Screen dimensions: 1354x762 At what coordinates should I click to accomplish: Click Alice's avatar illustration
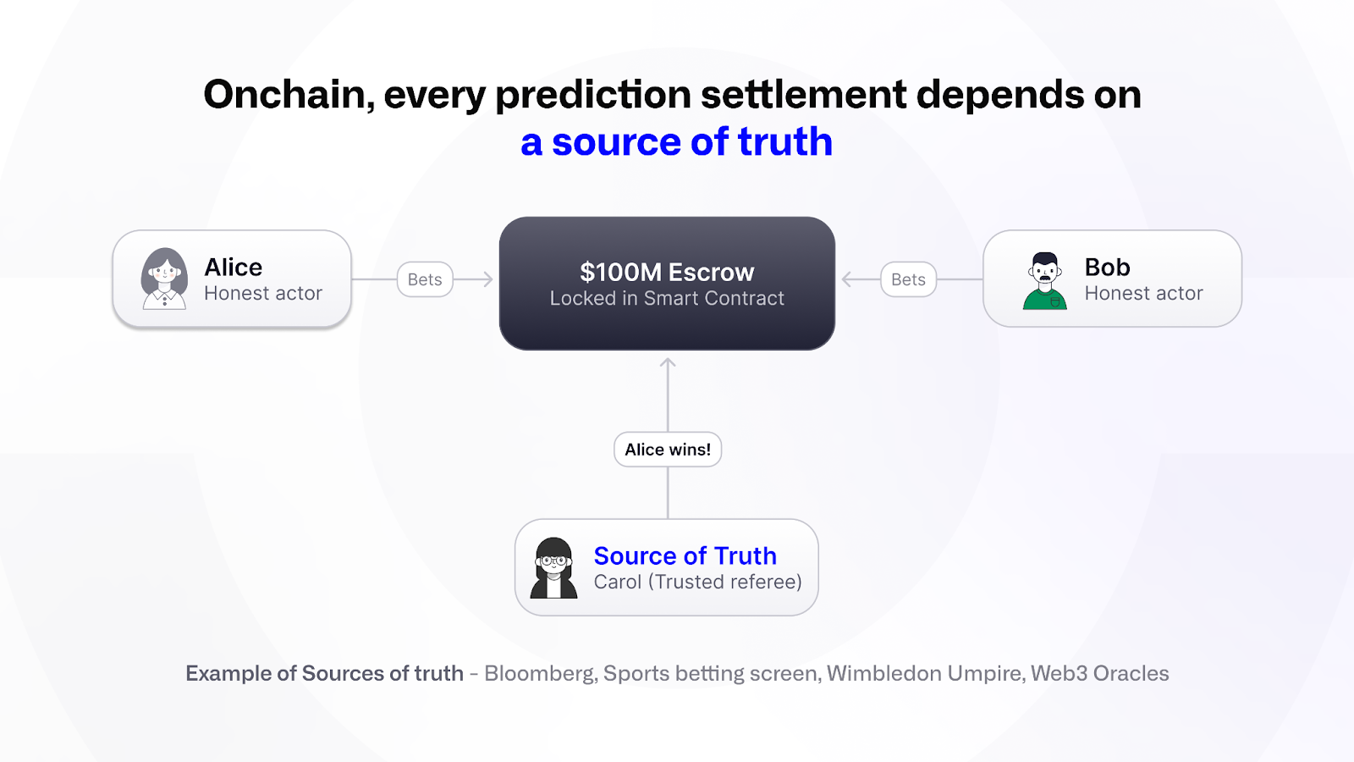(164, 279)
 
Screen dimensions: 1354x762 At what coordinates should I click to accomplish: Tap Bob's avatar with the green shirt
(1044, 280)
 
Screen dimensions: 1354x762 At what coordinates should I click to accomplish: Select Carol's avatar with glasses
(553, 568)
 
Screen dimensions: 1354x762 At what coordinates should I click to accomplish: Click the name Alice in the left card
(234, 268)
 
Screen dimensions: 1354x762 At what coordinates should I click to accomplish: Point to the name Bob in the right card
(1108, 268)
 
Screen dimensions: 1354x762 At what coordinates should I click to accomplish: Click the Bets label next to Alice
(425, 279)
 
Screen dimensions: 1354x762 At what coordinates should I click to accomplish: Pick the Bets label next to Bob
(909, 279)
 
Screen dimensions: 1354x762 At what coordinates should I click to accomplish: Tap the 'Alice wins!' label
(668, 450)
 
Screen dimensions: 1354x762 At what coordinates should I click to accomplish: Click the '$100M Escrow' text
(668, 272)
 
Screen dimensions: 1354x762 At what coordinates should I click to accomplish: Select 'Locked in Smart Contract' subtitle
(668, 298)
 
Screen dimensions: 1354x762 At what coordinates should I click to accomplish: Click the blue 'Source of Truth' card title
(685, 555)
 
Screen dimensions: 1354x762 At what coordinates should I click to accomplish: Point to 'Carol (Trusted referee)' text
(698, 582)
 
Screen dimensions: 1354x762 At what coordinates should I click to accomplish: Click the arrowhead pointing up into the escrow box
(668, 362)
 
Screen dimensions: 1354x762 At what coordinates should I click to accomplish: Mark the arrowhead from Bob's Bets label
(847, 279)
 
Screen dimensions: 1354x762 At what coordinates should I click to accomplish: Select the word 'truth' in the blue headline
(785, 141)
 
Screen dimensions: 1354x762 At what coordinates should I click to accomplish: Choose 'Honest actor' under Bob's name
(1143, 293)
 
